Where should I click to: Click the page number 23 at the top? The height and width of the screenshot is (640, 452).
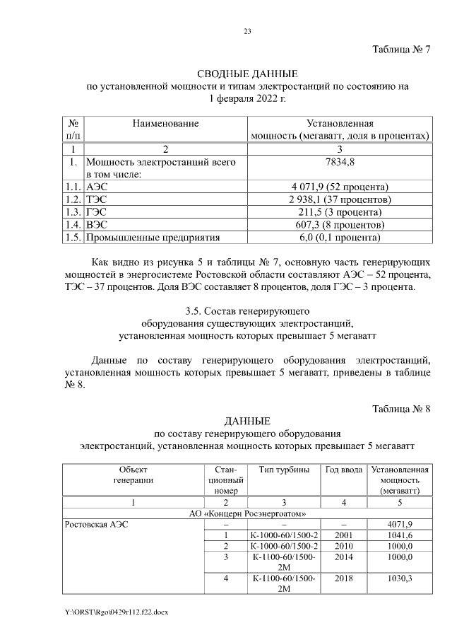(x=247, y=30)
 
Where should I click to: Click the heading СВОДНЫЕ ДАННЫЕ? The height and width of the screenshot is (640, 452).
(x=246, y=74)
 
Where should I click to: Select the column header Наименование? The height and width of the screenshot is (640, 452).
(x=165, y=123)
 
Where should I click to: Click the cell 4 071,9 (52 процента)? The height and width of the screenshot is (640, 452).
(x=340, y=187)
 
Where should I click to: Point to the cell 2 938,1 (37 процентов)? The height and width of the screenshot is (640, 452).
(x=340, y=199)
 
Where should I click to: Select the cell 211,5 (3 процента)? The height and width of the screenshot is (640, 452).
(x=340, y=212)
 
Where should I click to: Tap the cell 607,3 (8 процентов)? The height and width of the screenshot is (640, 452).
(x=340, y=225)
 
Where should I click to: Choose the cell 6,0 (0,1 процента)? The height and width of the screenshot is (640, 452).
(x=340, y=238)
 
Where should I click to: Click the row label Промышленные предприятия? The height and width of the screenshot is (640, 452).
(x=153, y=238)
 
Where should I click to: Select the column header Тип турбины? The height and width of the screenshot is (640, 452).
(x=285, y=470)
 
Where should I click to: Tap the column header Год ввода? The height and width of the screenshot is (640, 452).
(x=344, y=470)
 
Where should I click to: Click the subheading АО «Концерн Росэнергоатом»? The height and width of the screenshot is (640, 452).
(x=246, y=513)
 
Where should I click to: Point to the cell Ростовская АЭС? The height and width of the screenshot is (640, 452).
(x=96, y=525)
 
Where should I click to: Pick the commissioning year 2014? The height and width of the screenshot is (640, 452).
(x=344, y=557)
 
